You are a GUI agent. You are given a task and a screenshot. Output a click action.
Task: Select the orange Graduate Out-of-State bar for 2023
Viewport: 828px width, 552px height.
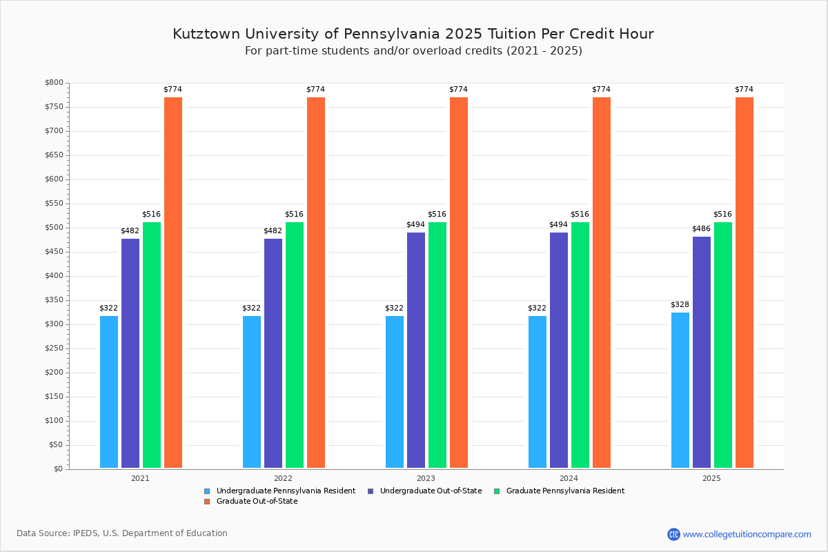(459, 283)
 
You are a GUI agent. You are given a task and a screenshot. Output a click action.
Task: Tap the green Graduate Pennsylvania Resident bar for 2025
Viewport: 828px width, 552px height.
(723, 345)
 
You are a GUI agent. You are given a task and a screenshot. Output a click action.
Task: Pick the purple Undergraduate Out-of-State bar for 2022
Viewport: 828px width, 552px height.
(273, 353)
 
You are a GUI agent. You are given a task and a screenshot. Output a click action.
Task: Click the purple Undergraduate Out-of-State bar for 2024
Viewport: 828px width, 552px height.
(559, 351)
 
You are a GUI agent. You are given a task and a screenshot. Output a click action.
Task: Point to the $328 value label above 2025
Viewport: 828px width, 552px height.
(680, 304)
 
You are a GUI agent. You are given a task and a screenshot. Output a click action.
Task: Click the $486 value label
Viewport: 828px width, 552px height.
(702, 228)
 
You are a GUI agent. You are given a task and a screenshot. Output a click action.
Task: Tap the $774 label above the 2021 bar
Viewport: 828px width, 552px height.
(172, 89)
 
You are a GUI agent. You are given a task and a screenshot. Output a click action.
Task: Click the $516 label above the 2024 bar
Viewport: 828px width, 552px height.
(580, 214)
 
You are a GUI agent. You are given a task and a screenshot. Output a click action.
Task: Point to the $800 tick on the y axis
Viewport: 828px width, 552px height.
(54, 83)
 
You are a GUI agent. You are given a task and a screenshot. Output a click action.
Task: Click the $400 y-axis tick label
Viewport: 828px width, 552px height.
(54, 276)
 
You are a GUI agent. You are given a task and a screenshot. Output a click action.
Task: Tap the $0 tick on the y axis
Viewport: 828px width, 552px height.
(57, 469)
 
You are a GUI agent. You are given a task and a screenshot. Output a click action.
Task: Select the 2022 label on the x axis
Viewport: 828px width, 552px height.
(283, 477)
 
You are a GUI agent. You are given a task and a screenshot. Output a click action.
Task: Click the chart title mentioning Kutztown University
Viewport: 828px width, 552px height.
(413, 34)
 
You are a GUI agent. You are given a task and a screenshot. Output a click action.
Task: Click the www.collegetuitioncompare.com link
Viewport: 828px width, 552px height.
(747, 534)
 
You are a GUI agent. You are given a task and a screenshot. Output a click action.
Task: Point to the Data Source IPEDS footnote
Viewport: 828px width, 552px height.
(122, 533)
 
